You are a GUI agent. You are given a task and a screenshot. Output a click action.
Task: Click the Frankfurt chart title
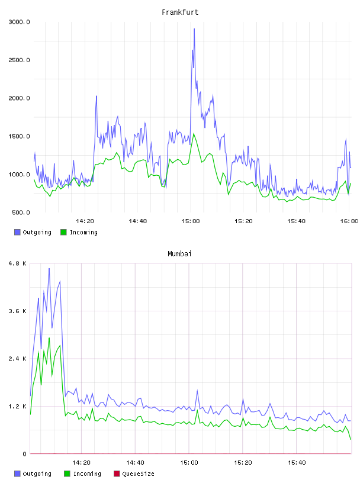tap(180, 12)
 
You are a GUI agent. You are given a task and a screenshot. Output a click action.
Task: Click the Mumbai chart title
tap(179, 254)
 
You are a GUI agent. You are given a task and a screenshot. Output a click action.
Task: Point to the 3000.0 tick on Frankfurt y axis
tap(19, 22)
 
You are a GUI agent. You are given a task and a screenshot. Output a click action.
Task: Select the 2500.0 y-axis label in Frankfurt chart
tap(19, 60)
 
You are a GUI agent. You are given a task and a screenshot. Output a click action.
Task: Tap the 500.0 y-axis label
tap(21, 212)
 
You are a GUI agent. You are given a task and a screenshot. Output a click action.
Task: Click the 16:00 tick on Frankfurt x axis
tap(349, 221)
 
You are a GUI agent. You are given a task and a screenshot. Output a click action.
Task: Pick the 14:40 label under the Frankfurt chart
tap(138, 221)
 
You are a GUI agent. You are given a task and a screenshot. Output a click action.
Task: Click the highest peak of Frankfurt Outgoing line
tap(194, 28)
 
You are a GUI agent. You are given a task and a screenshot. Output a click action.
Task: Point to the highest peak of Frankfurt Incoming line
tap(194, 134)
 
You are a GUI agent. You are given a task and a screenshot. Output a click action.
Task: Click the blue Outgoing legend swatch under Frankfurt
tap(17, 232)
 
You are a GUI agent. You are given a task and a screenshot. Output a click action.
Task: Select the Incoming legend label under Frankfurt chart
tap(83, 233)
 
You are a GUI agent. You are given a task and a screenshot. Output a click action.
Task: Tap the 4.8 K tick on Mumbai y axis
tap(18, 263)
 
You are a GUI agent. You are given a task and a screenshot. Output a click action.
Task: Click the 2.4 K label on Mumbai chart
tap(18, 359)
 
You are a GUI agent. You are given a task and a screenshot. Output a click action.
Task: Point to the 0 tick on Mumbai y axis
tap(25, 454)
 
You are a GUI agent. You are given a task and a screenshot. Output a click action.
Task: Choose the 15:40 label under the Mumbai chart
tap(297, 463)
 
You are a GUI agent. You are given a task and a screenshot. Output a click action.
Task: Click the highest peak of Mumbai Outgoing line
tap(49, 268)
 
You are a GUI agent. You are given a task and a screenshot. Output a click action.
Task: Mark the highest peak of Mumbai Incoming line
tap(49, 338)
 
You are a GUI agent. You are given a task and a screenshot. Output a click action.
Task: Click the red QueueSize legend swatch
tap(117, 474)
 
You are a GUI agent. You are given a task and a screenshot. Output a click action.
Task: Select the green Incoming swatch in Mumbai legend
tap(67, 474)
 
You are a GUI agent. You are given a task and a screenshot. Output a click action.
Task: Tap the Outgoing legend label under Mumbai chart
tap(37, 474)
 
